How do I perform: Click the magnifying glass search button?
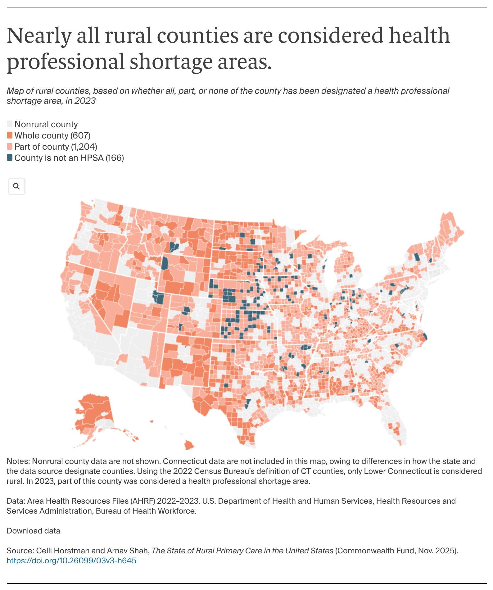(16, 186)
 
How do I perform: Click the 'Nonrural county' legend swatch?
(10, 124)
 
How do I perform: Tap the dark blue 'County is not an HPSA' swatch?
(10, 158)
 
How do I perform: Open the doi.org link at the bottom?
(71, 560)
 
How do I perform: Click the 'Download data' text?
(33, 531)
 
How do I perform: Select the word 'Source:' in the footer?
(20, 551)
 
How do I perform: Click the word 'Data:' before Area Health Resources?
(16, 501)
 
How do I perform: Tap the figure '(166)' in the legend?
(115, 158)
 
